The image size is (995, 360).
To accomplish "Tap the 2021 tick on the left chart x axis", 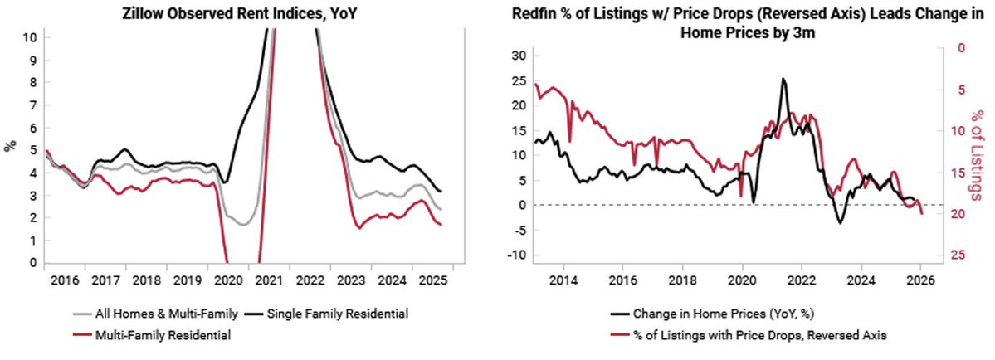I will pyautogui.click(x=266, y=280).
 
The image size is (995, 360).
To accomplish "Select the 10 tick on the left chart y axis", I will pyautogui.click(x=30, y=37).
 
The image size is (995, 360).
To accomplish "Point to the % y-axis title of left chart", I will pyautogui.click(x=10, y=146).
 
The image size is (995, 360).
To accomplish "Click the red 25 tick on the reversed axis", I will pyautogui.click(x=958, y=255).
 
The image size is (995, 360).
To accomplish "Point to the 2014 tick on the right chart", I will pyautogui.click(x=563, y=280).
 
